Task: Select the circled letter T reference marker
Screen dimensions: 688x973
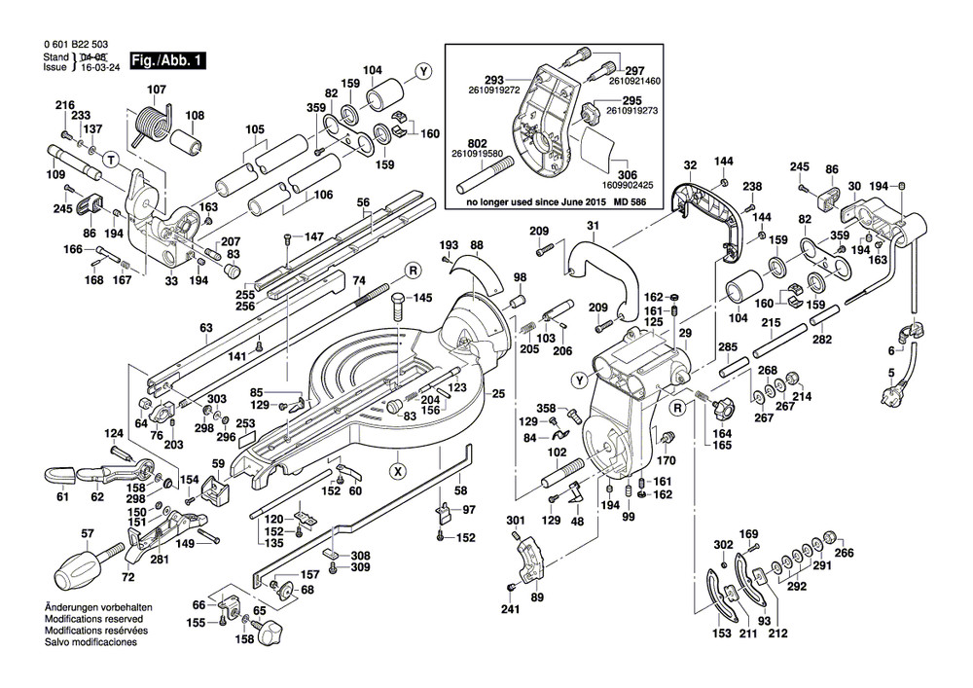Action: pos(111,159)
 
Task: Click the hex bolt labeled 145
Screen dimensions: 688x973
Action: pos(400,308)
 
